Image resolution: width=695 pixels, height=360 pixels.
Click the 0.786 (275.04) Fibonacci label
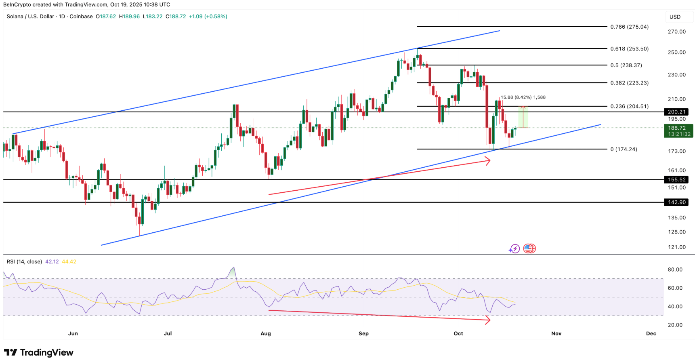pyautogui.click(x=629, y=27)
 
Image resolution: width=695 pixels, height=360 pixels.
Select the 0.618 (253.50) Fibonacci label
pyautogui.click(x=629, y=48)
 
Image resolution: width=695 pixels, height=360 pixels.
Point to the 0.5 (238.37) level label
pyautogui.click(x=626, y=65)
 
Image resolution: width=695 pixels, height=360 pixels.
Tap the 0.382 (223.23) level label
pyautogui.click(x=629, y=83)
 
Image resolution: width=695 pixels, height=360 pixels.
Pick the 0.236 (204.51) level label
pyautogui.click(x=629, y=106)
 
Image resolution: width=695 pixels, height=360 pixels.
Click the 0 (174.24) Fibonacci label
pyautogui.click(x=624, y=149)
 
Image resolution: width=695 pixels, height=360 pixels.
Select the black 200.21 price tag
pyautogui.click(x=676, y=112)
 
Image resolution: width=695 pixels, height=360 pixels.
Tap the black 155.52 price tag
pyautogui.click(x=676, y=179)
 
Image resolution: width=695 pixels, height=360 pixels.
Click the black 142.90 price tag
pyautogui.click(x=676, y=202)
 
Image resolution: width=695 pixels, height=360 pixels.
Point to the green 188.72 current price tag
pyautogui.click(x=678, y=128)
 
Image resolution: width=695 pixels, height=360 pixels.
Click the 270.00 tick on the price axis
pyautogui.click(x=676, y=32)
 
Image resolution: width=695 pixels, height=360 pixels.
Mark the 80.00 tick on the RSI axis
pyautogui.click(x=675, y=269)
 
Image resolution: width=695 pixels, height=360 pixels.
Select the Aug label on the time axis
pyautogui.click(x=265, y=333)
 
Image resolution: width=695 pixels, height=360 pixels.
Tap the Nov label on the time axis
pyautogui.click(x=556, y=333)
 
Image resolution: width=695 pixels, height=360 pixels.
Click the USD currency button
pyautogui.click(x=675, y=17)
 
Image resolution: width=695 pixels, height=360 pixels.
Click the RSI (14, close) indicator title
pyautogui.click(x=24, y=261)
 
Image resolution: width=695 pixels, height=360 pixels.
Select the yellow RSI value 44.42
pyautogui.click(x=69, y=261)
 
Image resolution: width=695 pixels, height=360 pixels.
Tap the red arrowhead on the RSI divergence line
pyautogui.click(x=488, y=320)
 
